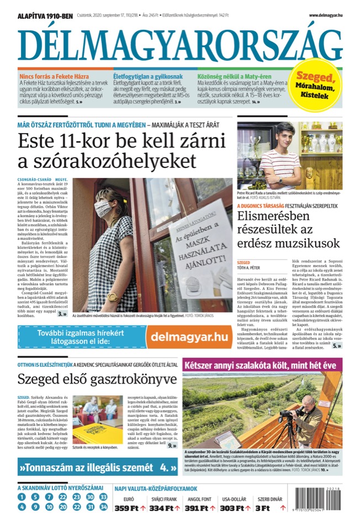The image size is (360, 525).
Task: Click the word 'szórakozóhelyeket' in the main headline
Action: point(108,161)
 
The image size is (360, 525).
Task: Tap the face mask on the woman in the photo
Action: point(103,208)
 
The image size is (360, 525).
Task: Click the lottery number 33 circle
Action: point(90,496)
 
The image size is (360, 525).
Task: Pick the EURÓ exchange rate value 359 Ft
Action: point(128,507)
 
